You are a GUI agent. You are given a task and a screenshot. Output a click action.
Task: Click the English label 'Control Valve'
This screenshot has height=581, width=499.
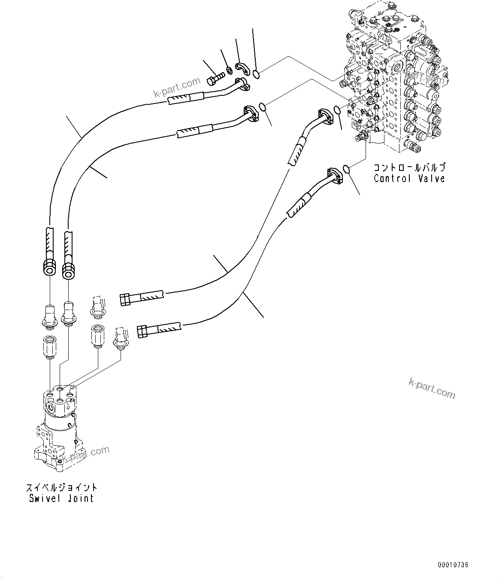click(409, 179)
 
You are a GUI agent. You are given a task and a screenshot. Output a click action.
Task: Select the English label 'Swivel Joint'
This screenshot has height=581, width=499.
click(61, 498)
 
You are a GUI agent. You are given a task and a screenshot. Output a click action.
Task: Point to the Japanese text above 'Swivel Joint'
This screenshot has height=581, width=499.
click(61, 487)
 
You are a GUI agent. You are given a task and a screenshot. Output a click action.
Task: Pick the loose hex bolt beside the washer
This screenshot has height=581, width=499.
click(215, 79)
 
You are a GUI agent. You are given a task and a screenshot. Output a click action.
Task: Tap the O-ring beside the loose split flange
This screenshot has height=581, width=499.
click(256, 75)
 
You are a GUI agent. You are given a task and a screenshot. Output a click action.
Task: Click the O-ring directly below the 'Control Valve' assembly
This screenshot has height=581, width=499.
click(348, 170)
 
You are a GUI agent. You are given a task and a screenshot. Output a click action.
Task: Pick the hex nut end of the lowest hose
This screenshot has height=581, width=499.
click(142, 332)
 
